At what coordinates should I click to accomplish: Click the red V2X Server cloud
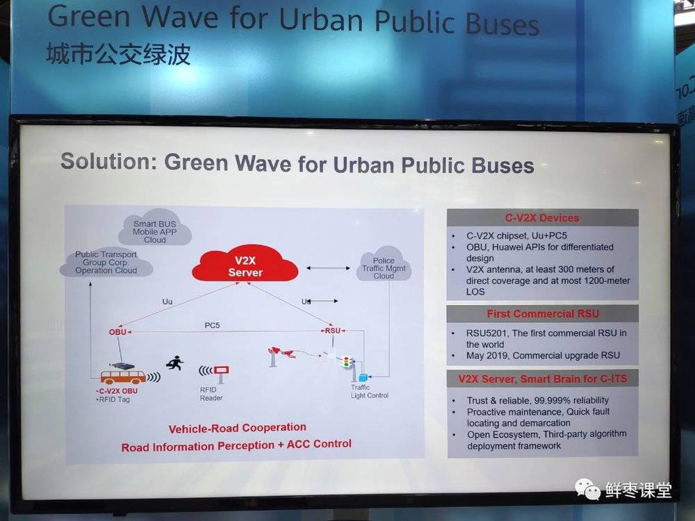coord(245,264)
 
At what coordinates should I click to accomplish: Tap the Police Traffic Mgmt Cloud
coord(384,265)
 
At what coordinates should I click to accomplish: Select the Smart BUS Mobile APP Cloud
coord(155,228)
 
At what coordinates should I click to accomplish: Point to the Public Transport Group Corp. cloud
coord(106,263)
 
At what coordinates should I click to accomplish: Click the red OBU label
coord(118,332)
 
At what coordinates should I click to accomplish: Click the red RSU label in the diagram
coord(332,331)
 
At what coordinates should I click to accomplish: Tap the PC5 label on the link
coord(212,325)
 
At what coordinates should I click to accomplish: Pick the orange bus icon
coord(123,377)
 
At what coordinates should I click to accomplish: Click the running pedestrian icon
coord(175,363)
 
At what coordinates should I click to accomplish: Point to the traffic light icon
coord(347,362)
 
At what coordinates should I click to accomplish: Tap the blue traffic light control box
coord(363,377)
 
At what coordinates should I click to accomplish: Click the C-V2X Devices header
coord(542,218)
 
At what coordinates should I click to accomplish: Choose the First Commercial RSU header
coord(543,314)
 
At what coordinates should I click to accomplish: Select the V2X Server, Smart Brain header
coord(543,379)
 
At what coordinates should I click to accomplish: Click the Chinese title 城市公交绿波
coord(119,54)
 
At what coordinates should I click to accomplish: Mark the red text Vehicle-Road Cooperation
coord(238,428)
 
